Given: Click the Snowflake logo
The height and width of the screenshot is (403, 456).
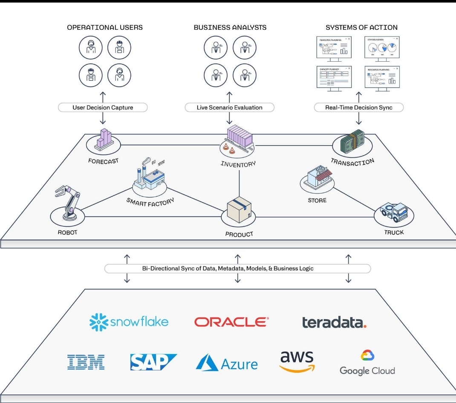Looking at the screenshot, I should pyautogui.click(x=129, y=322).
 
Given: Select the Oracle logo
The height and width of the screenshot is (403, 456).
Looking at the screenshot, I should pyautogui.click(x=231, y=322).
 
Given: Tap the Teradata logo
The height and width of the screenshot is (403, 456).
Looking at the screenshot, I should pyautogui.click(x=334, y=323).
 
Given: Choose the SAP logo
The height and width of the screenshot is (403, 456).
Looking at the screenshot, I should pyautogui.click(x=153, y=362).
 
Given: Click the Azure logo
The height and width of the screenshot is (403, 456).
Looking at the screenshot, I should pyautogui.click(x=227, y=363).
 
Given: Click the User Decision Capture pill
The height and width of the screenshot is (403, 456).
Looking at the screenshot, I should pyautogui.click(x=103, y=108).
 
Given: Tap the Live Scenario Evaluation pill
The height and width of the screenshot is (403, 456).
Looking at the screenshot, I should pyautogui.click(x=229, y=108).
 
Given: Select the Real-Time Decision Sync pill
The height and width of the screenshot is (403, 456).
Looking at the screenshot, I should pyautogui.click(x=358, y=108).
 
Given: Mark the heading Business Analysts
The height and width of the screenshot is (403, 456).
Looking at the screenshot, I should pyautogui.click(x=230, y=27).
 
